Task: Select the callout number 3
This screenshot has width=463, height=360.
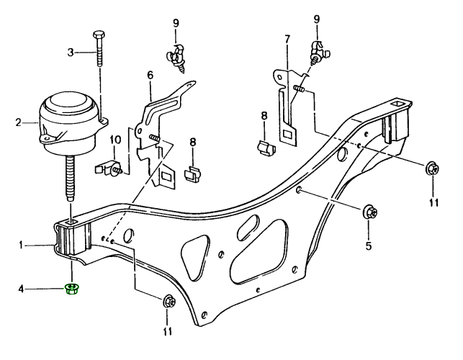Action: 71,51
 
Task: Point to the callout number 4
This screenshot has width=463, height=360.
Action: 22,289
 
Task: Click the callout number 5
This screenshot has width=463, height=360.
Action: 369,246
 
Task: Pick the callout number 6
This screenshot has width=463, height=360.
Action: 150,75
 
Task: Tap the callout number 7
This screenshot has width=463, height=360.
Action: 287,37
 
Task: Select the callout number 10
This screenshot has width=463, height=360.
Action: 115,140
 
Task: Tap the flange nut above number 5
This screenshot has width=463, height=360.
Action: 369,212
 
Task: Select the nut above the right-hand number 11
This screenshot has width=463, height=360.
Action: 432,169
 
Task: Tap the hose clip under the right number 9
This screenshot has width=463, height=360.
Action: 318,52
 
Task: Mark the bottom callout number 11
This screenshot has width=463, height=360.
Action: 168,332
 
